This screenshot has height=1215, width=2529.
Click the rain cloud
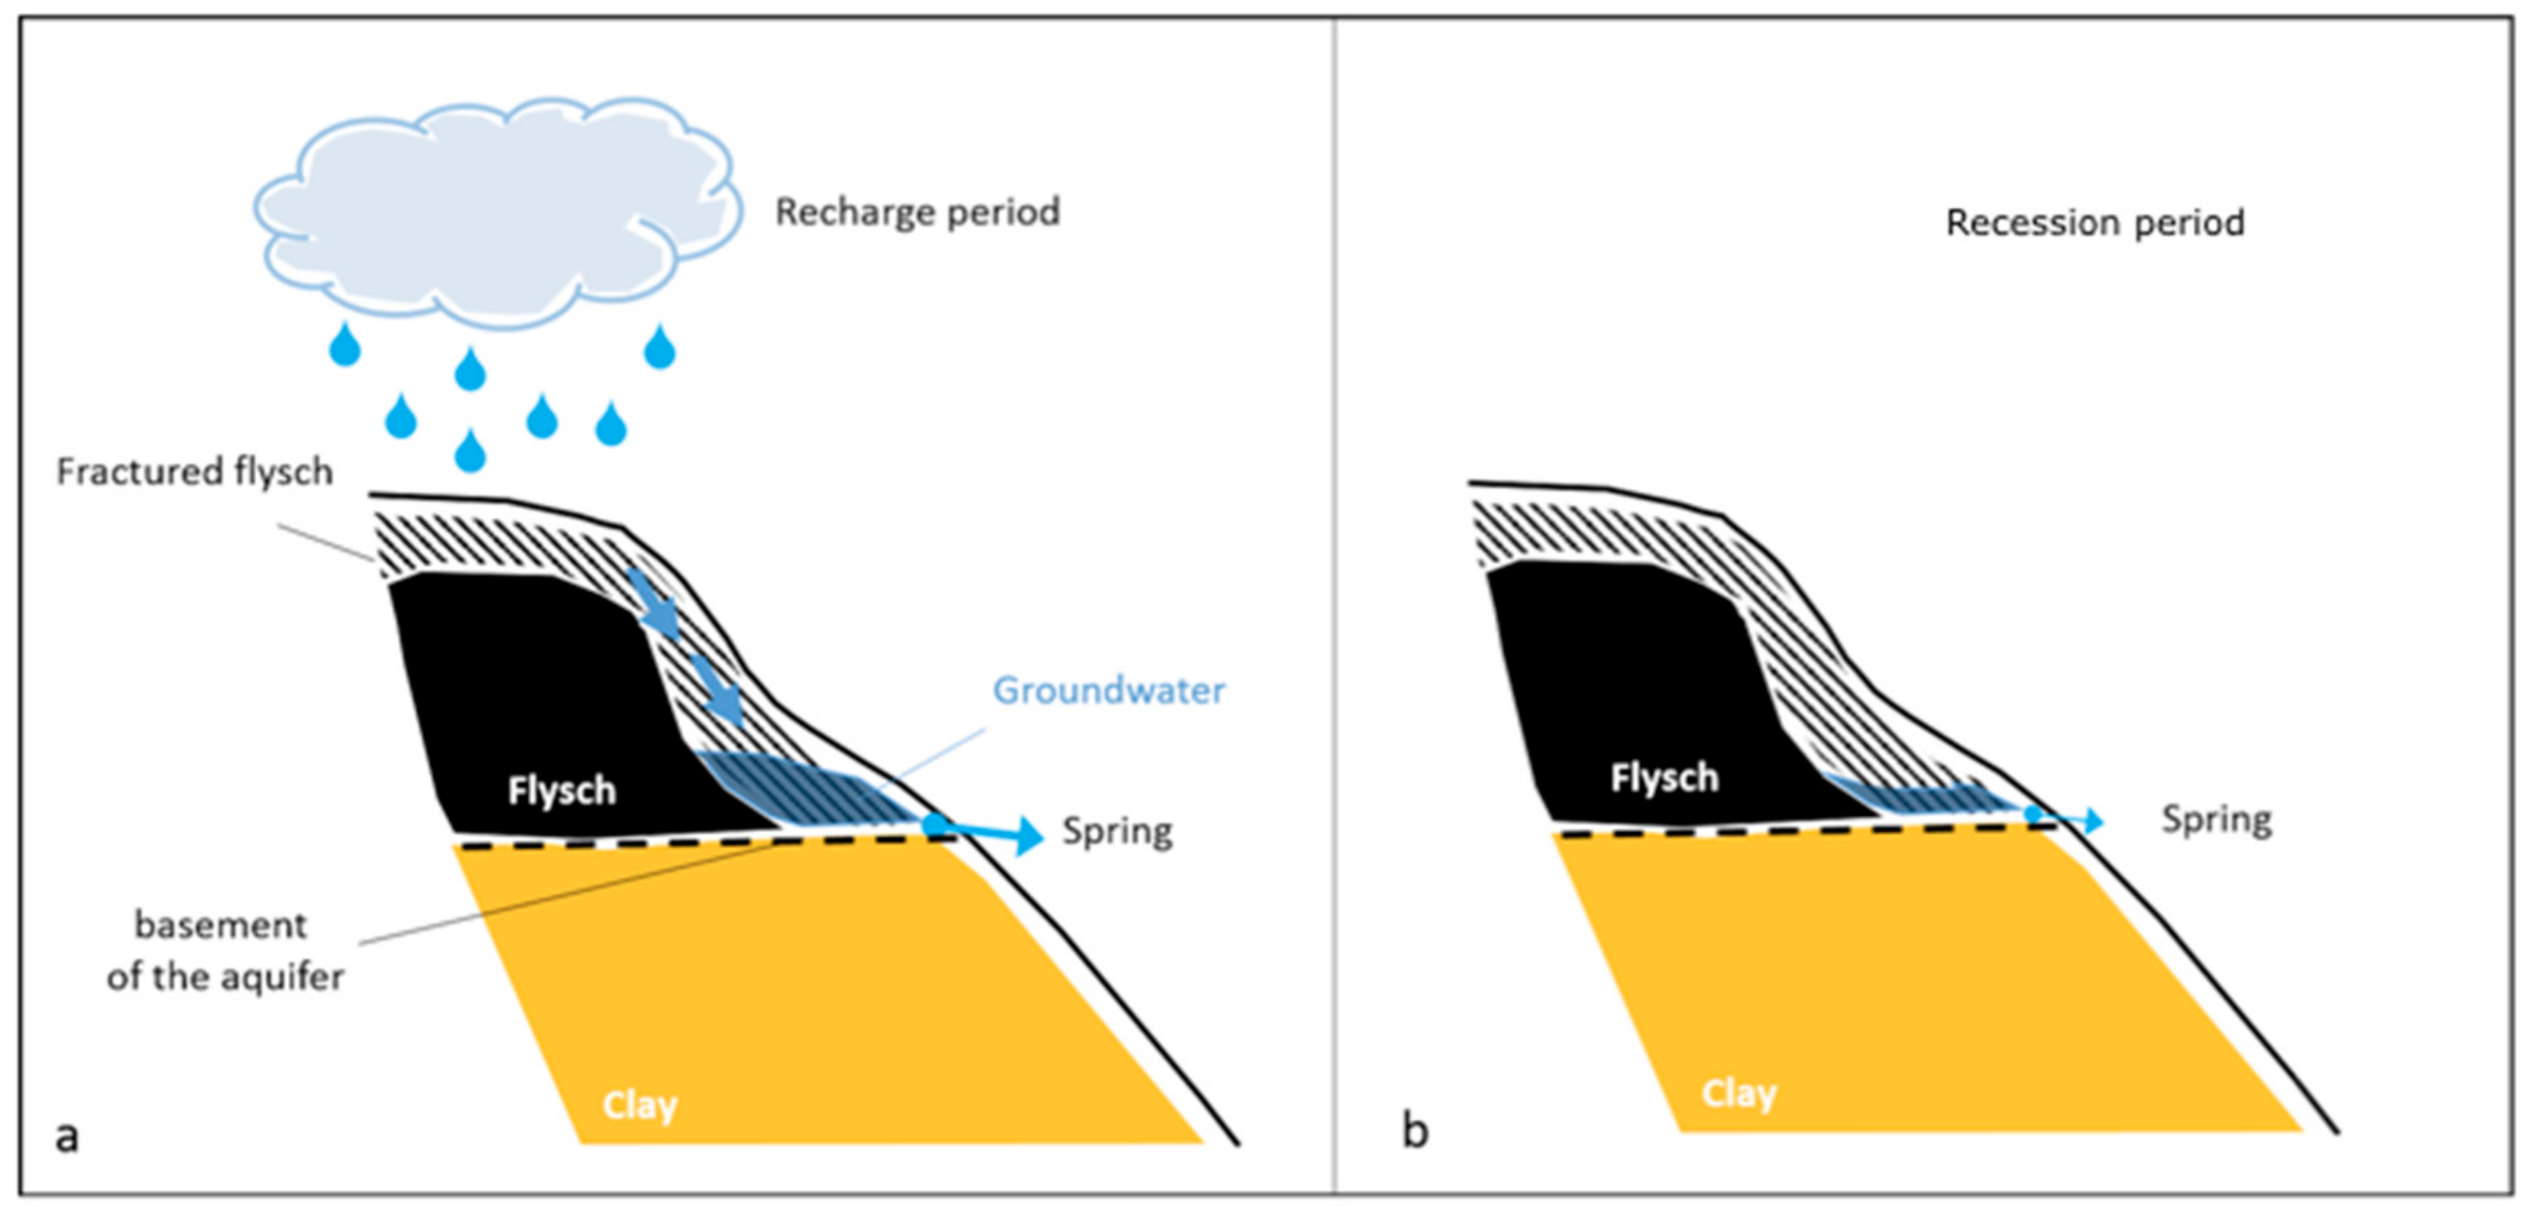(496, 211)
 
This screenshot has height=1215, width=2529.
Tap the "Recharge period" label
(917, 212)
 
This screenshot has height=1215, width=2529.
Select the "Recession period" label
(2094, 223)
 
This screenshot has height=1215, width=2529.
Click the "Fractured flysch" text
(194, 472)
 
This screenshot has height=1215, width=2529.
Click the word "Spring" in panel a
(1117, 832)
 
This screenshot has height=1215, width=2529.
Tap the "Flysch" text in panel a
(561, 791)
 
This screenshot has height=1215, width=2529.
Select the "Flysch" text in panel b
(1664, 778)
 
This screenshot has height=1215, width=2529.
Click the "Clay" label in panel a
(639, 1105)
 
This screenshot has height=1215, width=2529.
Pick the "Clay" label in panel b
(1738, 1093)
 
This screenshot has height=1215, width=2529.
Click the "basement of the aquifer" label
(224, 951)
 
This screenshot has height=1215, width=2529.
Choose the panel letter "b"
(1415, 1131)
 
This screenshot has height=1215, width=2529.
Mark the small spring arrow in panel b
(2071, 819)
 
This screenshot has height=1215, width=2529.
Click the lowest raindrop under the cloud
(470, 451)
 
